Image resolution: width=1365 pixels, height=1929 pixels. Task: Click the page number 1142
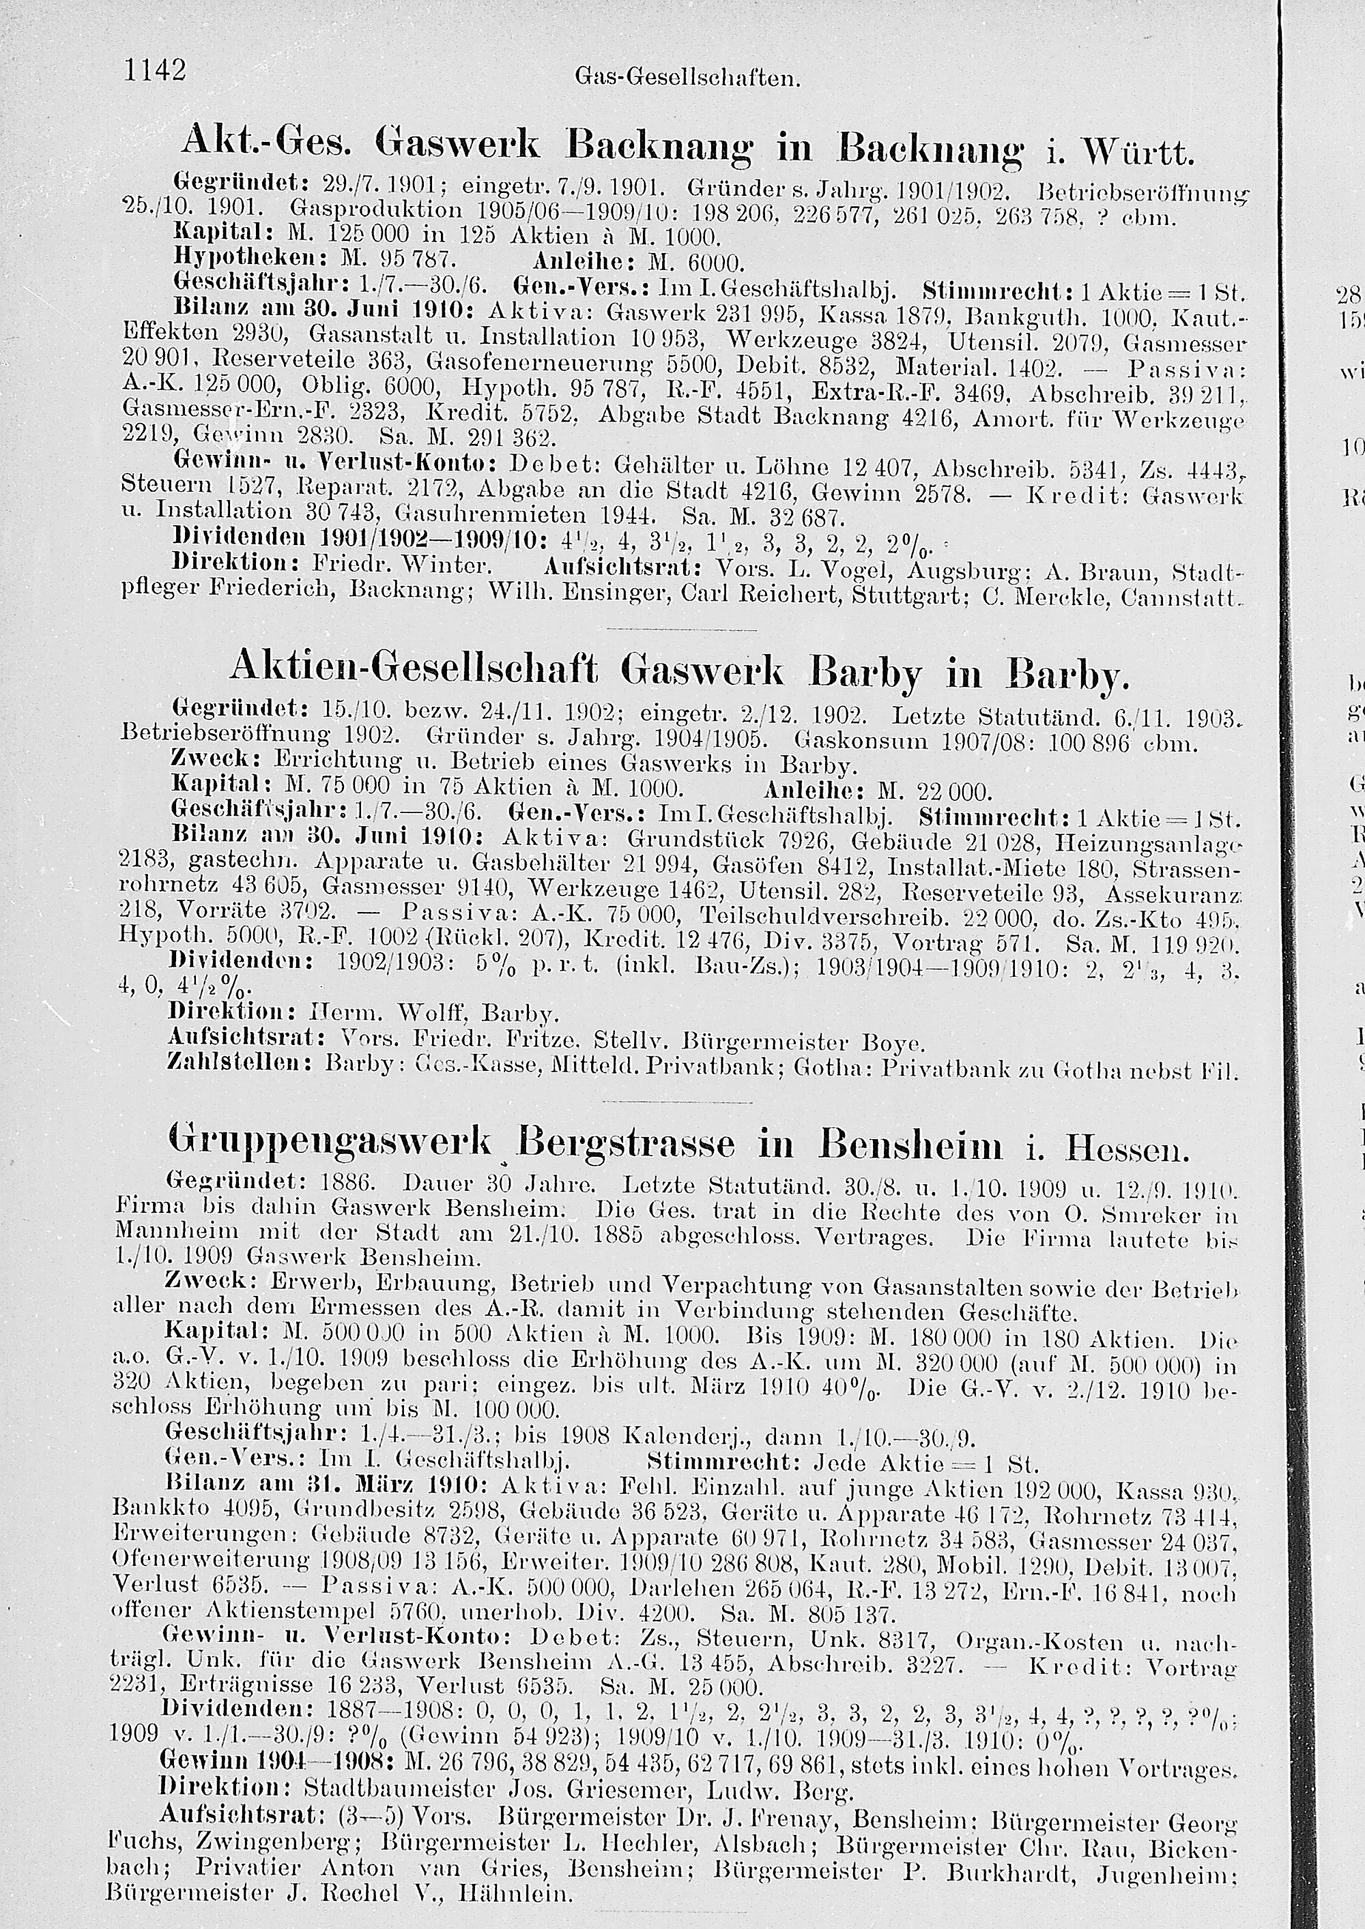point(155,68)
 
